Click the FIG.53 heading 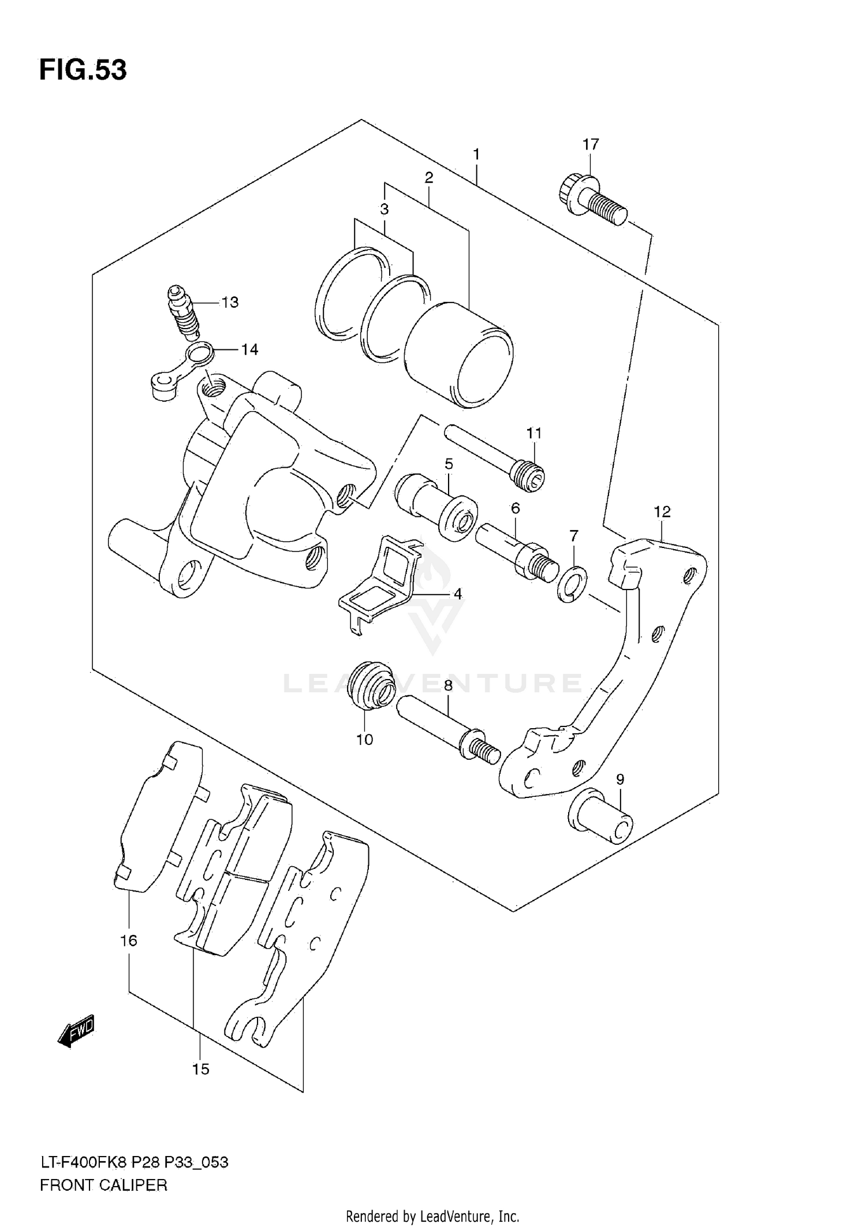(x=83, y=70)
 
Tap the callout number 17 (x=591, y=144)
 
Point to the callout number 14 (x=249, y=349)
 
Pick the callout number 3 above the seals (x=385, y=209)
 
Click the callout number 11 (x=534, y=433)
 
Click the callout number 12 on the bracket (x=662, y=512)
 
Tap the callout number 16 (x=128, y=941)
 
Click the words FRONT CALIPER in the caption (x=103, y=1185)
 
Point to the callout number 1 (x=476, y=154)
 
